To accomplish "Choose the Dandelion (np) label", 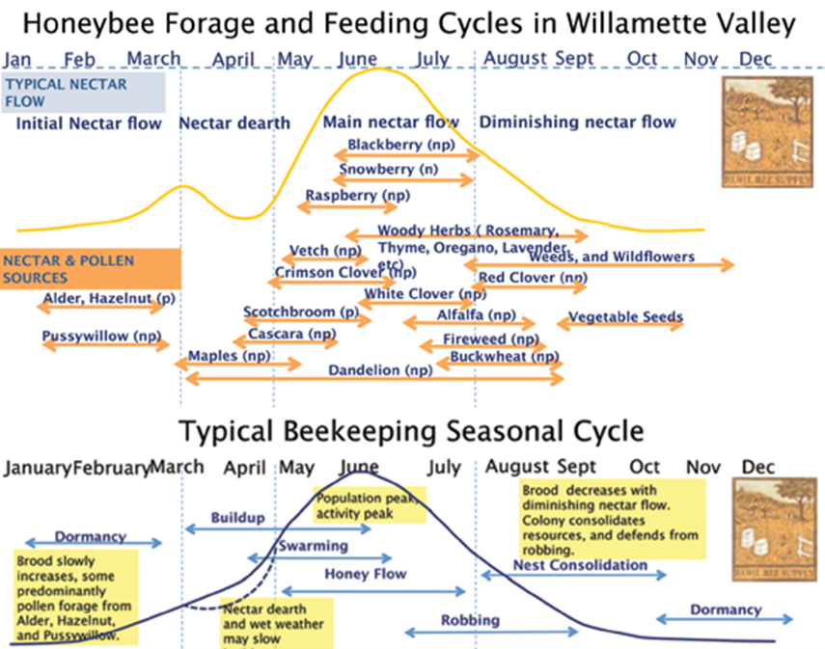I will tap(379, 370).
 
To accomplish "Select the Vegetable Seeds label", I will tap(625, 316).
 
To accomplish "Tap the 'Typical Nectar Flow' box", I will tap(83, 92).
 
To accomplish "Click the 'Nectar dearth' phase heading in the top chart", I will tap(234, 122).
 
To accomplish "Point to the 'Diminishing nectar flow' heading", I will tap(577, 122).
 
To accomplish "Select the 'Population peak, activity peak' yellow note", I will tap(370, 502).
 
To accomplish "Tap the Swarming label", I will tap(313, 546).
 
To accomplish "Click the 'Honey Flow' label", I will tap(366, 574).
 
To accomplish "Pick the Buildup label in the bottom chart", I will tap(237, 517).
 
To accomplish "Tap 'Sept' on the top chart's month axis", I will tap(574, 59).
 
